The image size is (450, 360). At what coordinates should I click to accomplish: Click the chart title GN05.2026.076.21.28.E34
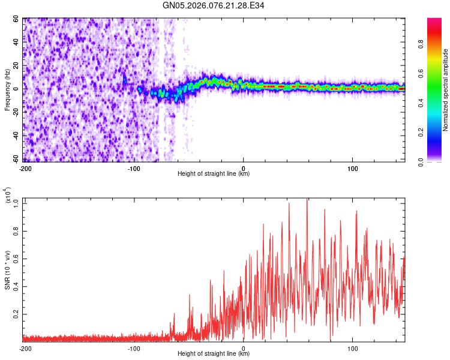(214, 6)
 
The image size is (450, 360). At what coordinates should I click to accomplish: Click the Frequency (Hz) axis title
(8, 90)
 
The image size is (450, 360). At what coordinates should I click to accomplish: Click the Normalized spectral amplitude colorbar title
(446, 90)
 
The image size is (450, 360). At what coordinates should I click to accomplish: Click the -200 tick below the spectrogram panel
(25, 168)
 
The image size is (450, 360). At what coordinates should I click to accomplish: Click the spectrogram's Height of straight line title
(214, 174)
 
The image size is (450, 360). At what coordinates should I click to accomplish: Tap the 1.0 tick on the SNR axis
(17, 203)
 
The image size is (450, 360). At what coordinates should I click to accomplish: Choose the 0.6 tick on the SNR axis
(17, 259)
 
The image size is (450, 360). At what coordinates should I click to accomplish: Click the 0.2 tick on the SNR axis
(17, 314)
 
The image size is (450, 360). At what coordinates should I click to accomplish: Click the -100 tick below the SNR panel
(134, 348)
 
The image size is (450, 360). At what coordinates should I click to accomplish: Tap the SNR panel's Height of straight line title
(214, 354)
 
